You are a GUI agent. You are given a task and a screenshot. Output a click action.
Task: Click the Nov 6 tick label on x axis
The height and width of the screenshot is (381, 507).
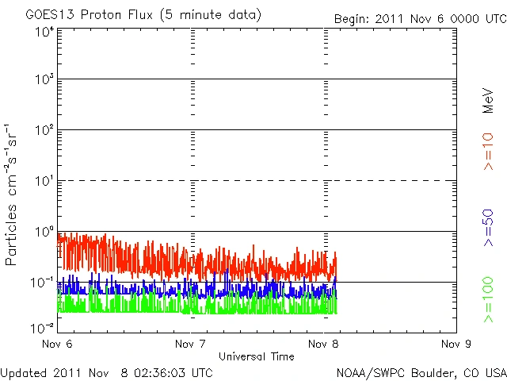click(57, 344)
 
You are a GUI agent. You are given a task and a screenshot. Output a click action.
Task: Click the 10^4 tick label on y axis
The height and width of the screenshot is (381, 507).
click(44, 32)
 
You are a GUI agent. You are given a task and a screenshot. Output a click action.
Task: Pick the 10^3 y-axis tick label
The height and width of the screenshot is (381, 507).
click(44, 79)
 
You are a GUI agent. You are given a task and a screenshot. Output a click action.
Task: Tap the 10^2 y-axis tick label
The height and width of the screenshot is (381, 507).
click(44, 129)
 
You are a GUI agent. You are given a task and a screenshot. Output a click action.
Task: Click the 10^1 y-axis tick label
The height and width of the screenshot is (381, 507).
click(44, 180)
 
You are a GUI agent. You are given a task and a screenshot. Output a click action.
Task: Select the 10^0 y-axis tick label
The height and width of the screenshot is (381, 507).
click(44, 231)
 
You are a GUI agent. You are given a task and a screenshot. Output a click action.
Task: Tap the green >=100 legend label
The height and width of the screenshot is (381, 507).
click(488, 300)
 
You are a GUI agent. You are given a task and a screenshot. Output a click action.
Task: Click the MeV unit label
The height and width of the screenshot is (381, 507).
click(488, 101)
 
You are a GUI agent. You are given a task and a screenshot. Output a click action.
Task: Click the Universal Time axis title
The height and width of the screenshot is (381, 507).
click(256, 356)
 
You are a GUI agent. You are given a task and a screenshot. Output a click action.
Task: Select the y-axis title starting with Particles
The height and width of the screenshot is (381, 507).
click(12, 194)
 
